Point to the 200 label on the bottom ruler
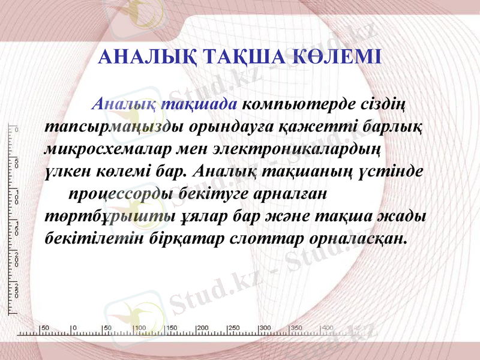(x=202, y=328)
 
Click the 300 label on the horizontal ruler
(x=265, y=328)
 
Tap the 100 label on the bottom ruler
(x=139, y=328)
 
